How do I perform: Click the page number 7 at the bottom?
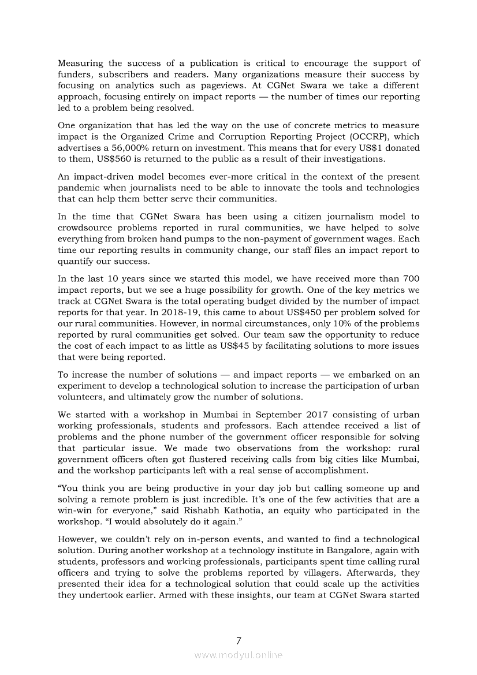[x=238, y=640]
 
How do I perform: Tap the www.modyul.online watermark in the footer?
[x=238, y=655]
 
